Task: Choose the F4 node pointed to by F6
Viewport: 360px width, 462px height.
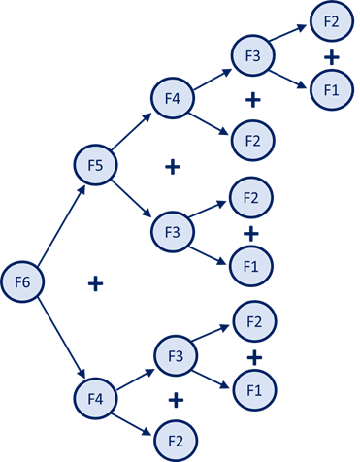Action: coord(94,398)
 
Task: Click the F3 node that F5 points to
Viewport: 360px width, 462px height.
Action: coord(172,233)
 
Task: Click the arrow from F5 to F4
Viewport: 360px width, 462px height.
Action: coord(132,130)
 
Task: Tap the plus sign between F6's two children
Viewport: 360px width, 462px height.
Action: coord(95,283)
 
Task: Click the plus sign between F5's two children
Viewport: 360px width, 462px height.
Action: coord(173,167)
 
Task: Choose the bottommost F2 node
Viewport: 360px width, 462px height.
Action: coord(176,441)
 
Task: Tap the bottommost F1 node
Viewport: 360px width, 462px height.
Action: coord(253,390)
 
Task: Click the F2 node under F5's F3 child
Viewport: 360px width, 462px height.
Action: coord(251,199)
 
